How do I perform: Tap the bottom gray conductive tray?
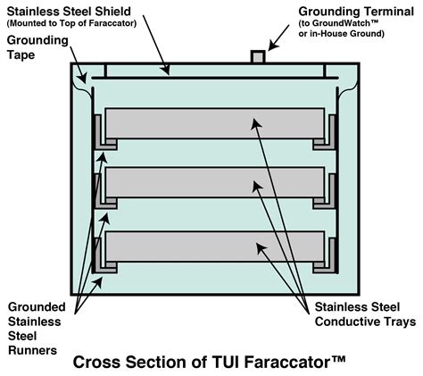click(214, 247)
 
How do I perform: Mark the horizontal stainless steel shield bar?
click(214, 79)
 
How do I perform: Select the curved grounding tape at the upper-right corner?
click(350, 82)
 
